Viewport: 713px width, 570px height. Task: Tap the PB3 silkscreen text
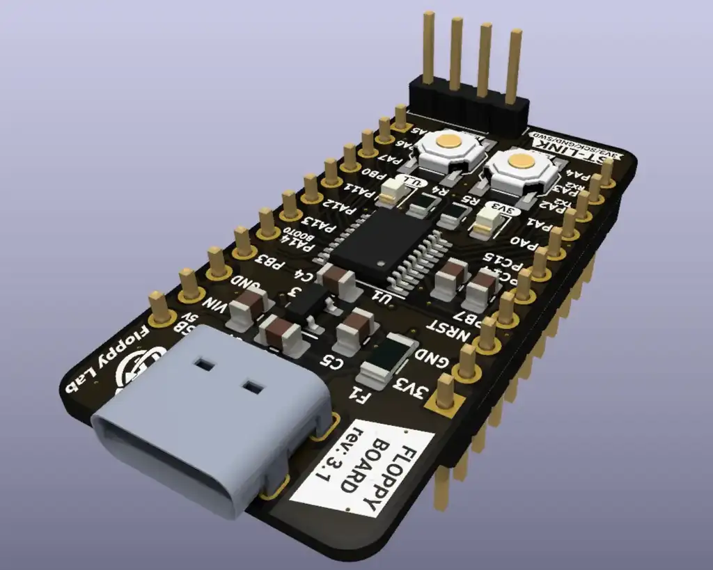coord(269,262)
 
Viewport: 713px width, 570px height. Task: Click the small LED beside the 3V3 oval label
coord(487,223)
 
